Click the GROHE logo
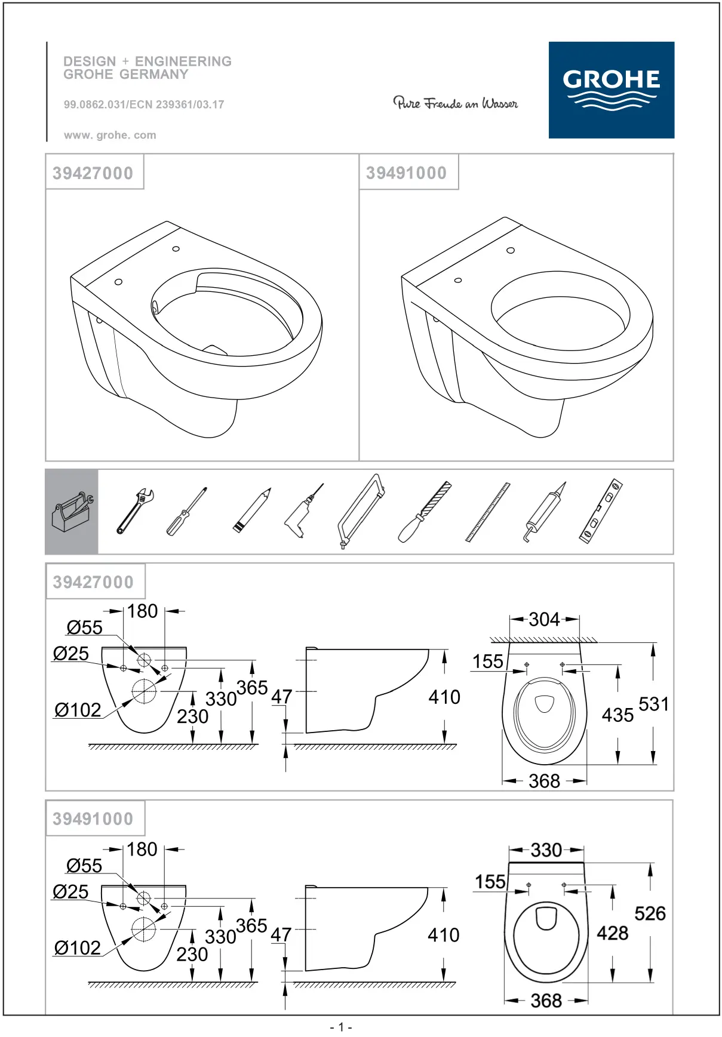pos(612,90)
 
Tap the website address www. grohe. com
pos(110,136)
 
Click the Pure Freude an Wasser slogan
pos(455,103)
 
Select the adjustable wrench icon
pos(135,511)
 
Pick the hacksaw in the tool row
pos(361,512)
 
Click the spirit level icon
pos(601,511)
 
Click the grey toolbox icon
pos(72,512)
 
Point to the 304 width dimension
pos(544,619)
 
